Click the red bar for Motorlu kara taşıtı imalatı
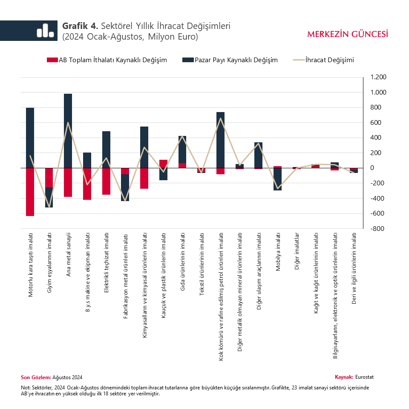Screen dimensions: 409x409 pyautogui.click(x=30, y=192)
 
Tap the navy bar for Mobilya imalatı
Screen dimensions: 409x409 pyautogui.click(x=278, y=179)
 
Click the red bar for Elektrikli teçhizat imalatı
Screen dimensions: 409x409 pyautogui.click(x=106, y=181)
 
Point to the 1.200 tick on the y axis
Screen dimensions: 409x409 pyautogui.click(x=378, y=77)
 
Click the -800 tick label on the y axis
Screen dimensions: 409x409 pyautogui.click(x=378, y=229)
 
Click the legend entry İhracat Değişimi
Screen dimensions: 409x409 pyautogui.click(x=329, y=60)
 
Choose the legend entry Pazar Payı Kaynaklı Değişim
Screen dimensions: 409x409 pyautogui.click(x=236, y=60)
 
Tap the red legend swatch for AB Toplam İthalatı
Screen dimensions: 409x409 pyautogui.click(x=52, y=60)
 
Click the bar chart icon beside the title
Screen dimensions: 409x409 pyautogui.click(x=45, y=31)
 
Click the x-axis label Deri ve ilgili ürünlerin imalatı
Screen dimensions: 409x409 pyautogui.click(x=354, y=269)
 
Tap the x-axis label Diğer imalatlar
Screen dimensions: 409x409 pyautogui.click(x=297, y=251)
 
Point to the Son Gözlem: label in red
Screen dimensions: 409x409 pyautogui.click(x=36, y=377)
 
